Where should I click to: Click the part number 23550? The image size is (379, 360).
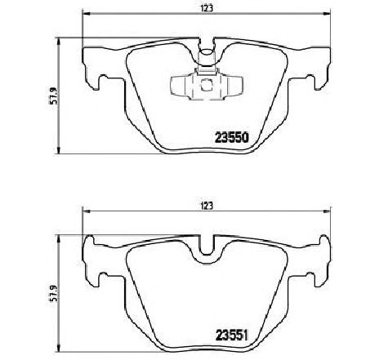232,138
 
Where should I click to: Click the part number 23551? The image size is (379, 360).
232,336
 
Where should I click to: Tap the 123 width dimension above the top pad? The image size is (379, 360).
207,8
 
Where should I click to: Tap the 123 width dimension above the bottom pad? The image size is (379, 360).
207,206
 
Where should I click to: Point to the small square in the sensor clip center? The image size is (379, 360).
207,85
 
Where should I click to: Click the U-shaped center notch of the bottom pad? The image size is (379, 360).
207,253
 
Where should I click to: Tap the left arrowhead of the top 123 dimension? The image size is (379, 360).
86,14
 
